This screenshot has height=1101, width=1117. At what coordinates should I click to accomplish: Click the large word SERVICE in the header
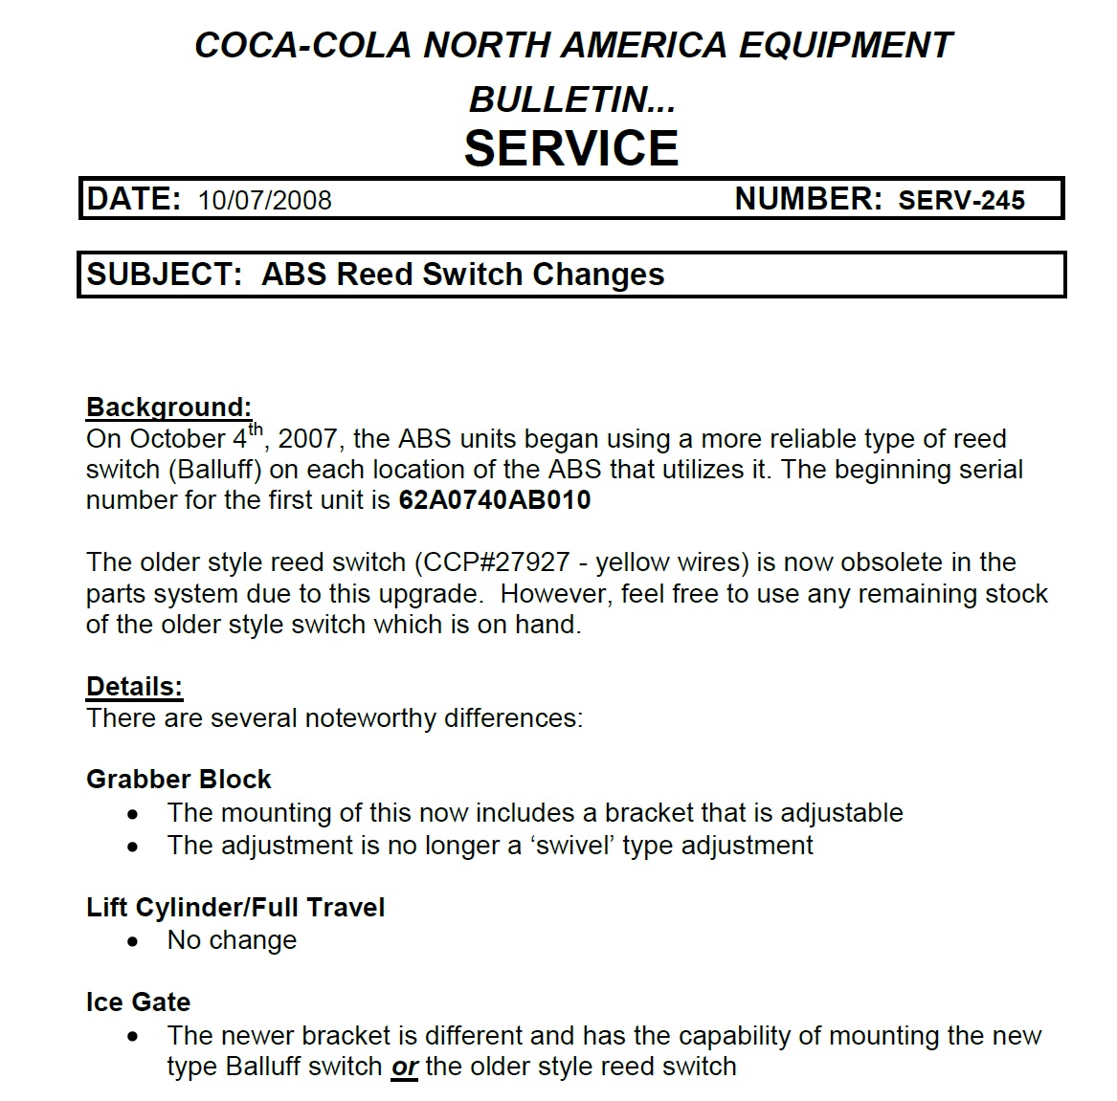point(571,148)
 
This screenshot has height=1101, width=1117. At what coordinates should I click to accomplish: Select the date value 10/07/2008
point(265,201)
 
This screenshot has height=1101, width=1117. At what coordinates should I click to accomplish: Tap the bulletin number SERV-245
point(961,201)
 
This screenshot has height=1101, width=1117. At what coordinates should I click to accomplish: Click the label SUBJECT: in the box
point(165,275)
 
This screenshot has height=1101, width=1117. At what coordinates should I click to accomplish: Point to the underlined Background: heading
point(168,407)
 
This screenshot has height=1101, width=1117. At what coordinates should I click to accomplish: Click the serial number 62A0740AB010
point(494,500)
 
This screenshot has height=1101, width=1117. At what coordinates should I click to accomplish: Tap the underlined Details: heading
point(134,687)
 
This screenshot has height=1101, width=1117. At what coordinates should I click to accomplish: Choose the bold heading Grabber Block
point(178,780)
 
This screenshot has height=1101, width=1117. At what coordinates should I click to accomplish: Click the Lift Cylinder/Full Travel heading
point(235,908)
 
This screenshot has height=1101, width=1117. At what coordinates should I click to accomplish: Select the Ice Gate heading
point(138,1002)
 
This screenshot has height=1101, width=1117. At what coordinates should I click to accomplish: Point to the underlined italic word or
point(405,1068)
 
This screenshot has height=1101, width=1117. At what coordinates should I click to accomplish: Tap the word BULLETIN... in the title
point(571,99)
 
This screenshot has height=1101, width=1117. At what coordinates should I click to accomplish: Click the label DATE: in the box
point(133,199)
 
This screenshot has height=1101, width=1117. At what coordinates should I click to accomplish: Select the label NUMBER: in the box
point(808,199)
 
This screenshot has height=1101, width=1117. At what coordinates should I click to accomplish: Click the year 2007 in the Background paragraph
point(307,439)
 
